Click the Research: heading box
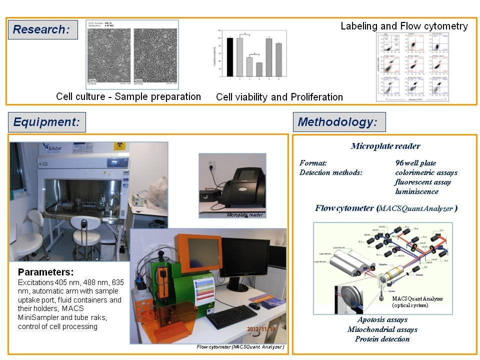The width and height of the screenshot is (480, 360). click(42, 29)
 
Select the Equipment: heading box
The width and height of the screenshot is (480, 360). click(47, 122)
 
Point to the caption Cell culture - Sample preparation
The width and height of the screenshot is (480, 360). click(128, 96)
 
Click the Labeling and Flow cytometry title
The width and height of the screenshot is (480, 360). click(404, 26)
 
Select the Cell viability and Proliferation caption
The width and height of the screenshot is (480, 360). click(279, 97)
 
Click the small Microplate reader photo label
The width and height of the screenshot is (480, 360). click(245, 215)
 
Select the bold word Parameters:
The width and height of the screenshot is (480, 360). click(45, 272)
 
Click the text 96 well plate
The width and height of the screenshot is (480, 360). click(415, 163)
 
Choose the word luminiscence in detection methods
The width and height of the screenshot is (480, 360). click(416, 191)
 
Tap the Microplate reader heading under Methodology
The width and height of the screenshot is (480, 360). click(385, 146)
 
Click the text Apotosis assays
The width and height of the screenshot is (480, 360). click(382, 319)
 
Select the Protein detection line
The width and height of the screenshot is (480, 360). click(382, 339)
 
